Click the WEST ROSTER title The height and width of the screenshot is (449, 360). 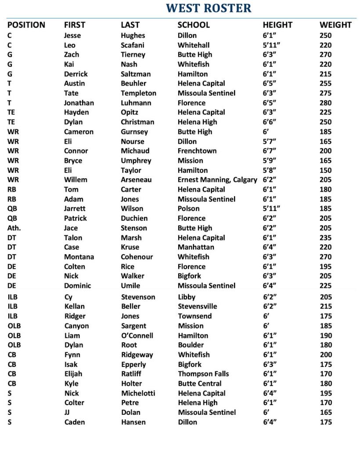point(209,8)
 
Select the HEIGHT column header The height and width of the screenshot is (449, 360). point(277,25)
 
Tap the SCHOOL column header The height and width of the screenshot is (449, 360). point(194,25)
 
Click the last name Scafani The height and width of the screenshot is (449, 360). point(133,45)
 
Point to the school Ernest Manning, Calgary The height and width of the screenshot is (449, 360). point(217,180)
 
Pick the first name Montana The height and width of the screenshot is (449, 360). point(79,257)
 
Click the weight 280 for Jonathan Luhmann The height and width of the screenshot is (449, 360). point(326,103)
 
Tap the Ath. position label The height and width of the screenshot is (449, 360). point(14,228)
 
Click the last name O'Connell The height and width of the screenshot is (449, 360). point(137,335)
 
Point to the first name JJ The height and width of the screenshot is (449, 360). point(67,412)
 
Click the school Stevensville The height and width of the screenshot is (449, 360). point(198,306)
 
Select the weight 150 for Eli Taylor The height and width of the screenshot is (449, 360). point(326,170)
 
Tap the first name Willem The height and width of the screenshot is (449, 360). point(76,180)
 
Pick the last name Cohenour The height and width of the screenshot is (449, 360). point(137,257)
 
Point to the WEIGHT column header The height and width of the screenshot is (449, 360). point(335,25)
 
